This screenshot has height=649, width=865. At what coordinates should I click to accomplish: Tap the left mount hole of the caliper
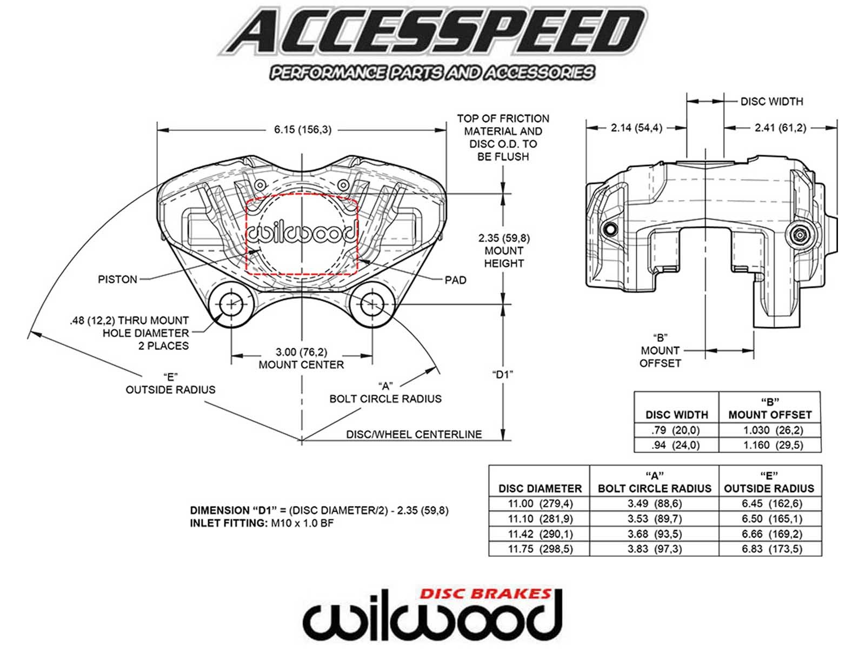(x=231, y=304)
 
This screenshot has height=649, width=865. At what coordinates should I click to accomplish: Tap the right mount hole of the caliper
(x=372, y=304)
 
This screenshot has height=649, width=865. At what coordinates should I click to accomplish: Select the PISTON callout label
(x=117, y=280)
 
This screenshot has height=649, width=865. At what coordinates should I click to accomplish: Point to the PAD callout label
(x=455, y=280)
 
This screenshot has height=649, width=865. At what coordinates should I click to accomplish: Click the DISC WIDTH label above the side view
(x=771, y=102)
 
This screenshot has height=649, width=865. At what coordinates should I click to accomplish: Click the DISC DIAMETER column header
(x=540, y=488)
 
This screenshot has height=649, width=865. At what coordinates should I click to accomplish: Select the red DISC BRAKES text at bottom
(x=485, y=594)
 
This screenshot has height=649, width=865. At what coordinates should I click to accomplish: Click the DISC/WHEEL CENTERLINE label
(x=414, y=434)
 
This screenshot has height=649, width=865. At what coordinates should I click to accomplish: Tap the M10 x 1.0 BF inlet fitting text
(x=302, y=524)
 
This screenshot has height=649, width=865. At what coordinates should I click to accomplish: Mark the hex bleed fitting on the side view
(x=799, y=234)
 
